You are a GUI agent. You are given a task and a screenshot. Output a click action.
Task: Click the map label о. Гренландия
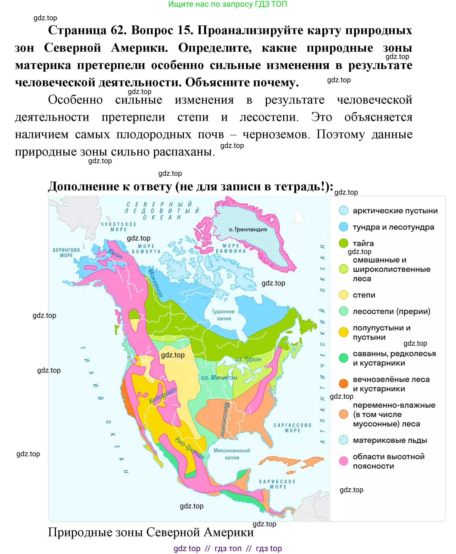247,229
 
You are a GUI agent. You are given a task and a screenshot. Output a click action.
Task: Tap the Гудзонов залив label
223,315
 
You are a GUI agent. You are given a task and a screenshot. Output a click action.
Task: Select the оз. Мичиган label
219,378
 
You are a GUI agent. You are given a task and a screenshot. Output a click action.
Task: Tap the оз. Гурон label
248,359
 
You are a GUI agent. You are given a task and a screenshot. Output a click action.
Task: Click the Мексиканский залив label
232,454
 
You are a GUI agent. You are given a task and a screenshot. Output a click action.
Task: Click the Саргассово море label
292,428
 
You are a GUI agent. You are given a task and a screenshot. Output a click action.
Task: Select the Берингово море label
66,252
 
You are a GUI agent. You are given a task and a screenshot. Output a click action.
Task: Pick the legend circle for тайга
343,243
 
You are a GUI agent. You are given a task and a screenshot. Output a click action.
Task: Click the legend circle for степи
343,295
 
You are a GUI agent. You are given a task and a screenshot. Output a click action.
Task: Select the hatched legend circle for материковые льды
343,440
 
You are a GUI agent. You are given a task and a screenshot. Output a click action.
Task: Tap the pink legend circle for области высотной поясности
343,461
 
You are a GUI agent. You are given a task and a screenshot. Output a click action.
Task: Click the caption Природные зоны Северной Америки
151,532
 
